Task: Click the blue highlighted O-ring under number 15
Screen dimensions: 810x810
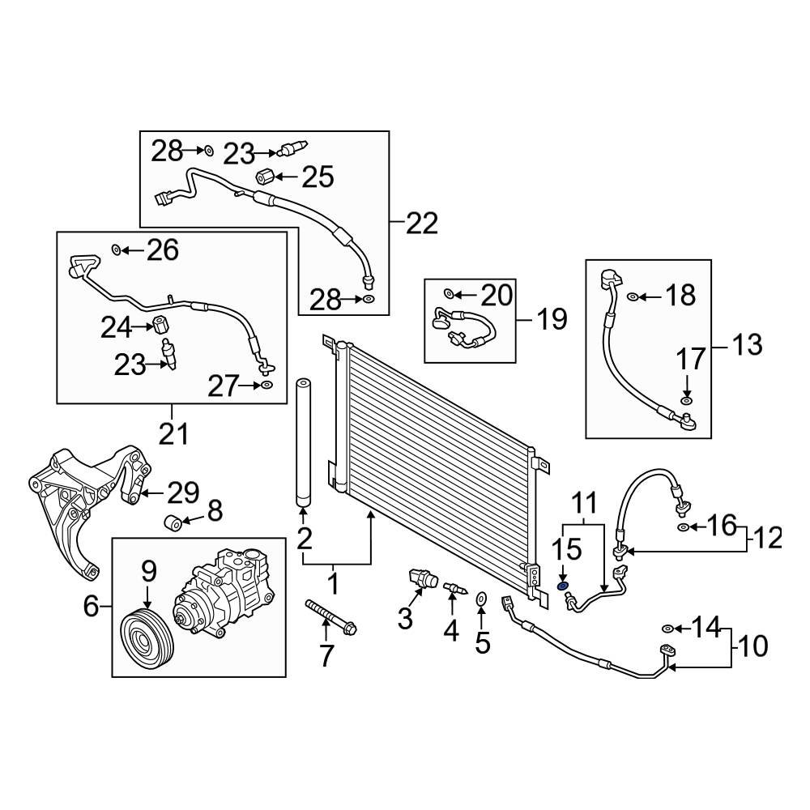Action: coord(563,586)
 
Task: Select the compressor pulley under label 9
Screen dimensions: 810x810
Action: coord(147,641)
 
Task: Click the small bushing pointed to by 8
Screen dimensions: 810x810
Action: coord(173,522)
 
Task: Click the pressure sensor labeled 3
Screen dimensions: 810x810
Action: coord(423,578)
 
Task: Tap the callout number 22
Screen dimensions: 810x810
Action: coord(422,224)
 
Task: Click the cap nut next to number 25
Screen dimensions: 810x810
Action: coord(264,177)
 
